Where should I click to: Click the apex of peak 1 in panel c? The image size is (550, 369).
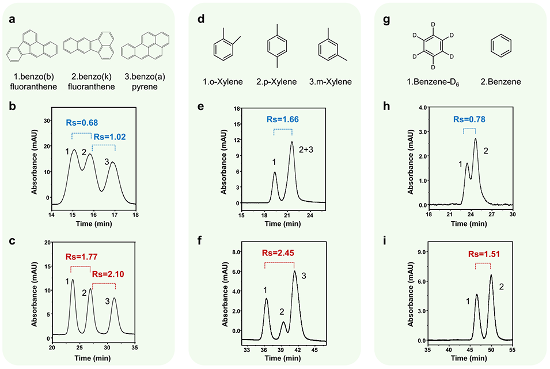[73, 280]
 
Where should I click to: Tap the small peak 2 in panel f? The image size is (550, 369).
[283, 322]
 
